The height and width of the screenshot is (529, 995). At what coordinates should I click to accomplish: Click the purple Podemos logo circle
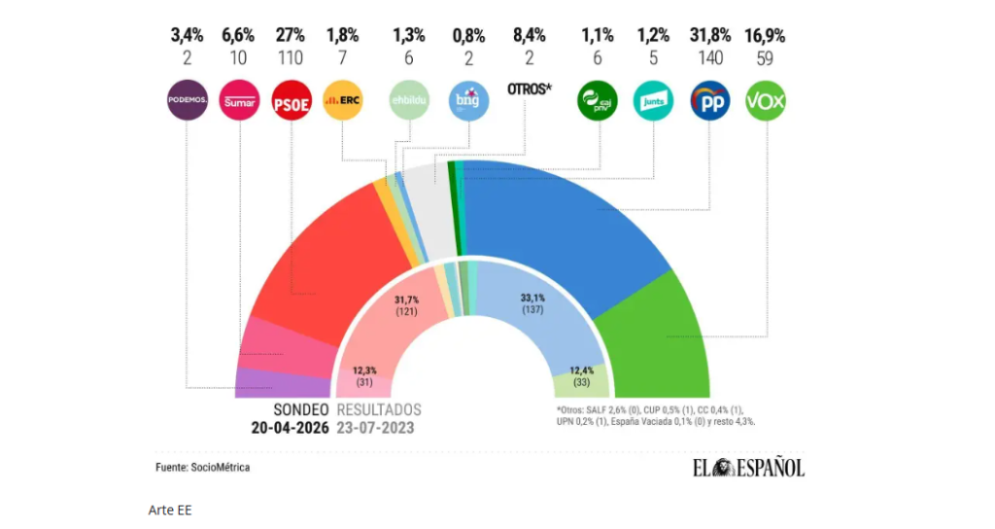(x=186, y=100)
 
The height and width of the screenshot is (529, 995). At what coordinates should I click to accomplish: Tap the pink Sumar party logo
(x=238, y=100)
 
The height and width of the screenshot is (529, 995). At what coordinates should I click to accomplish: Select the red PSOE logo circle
(x=291, y=100)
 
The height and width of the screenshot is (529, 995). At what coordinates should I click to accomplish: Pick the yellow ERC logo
(x=342, y=100)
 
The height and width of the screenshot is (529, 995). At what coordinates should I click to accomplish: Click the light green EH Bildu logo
(x=409, y=100)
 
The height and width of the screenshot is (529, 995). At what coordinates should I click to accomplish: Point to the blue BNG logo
(x=467, y=100)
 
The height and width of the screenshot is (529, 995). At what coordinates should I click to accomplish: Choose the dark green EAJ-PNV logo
(x=597, y=100)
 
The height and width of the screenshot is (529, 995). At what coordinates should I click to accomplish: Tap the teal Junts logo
(x=653, y=100)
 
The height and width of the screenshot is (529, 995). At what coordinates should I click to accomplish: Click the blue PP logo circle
(x=709, y=100)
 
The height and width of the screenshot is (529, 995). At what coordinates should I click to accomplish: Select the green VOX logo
(x=766, y=100)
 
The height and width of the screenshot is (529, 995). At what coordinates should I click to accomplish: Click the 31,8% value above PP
(x=709, y=36)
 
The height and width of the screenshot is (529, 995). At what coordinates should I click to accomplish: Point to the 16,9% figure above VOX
(x=765, y=36)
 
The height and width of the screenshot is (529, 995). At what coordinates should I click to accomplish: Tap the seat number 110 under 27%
(x=291, y=58)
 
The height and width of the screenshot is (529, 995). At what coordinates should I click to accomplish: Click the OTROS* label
(x=530, y=88)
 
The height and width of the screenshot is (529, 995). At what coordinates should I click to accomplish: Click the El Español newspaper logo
(x=748, y=468)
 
